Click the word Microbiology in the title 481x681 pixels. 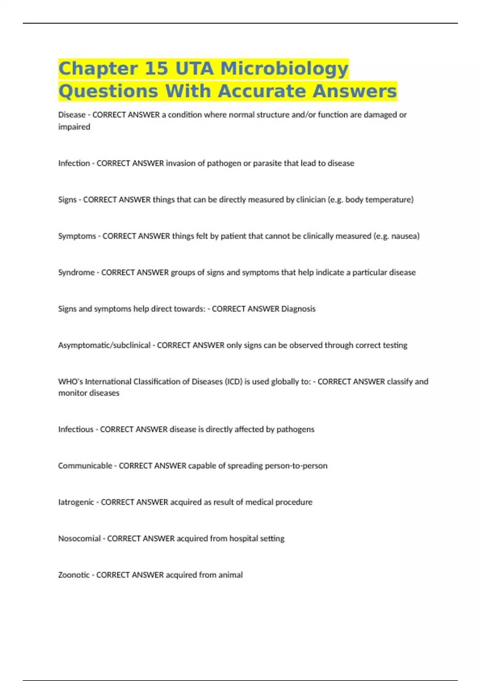285,69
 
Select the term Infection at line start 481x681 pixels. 74,163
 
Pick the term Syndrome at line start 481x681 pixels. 76,272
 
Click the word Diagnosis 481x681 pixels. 298,309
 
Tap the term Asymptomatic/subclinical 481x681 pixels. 104,345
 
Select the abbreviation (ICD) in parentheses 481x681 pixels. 233,381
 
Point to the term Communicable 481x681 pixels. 85,465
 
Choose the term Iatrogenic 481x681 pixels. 76,502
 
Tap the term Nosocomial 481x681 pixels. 79,538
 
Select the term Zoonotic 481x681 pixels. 74,575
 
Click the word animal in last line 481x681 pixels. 230,575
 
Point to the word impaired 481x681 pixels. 74,127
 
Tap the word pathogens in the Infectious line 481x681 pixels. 295,429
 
